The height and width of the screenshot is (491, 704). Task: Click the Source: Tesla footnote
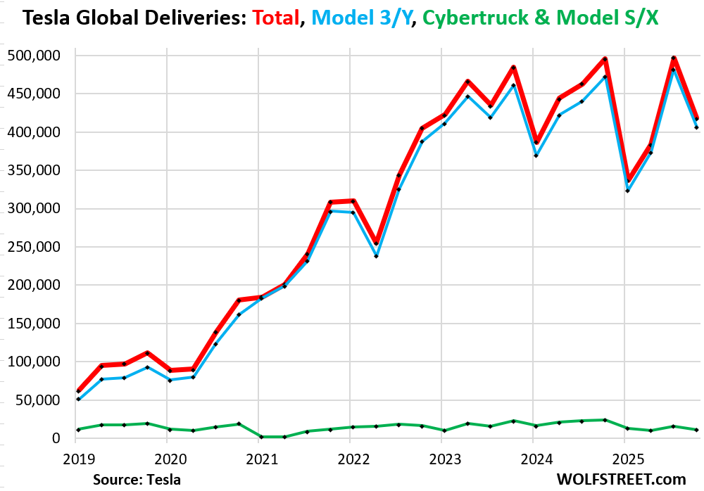[137, 480]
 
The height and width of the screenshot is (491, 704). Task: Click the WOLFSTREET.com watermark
[622, 480]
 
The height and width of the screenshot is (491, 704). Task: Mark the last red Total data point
[696, 118]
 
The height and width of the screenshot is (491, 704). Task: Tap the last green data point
[696, 430]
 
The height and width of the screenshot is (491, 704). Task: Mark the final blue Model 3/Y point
[696, 127]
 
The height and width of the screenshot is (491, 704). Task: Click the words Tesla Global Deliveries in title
[122, 18]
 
